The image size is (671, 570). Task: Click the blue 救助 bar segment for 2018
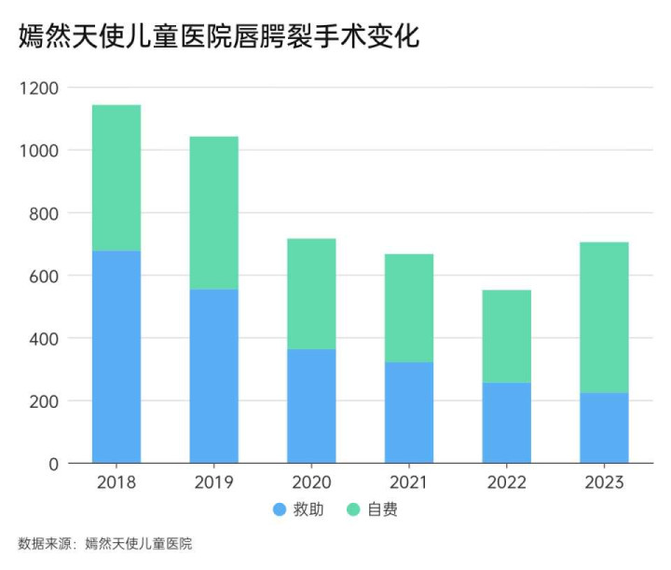(116, 357)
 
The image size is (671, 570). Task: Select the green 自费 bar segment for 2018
(116, 178)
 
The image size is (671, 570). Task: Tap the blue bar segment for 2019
(213, 375)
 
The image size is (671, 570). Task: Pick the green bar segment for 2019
(213, 212)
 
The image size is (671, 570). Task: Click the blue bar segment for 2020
(311, 406)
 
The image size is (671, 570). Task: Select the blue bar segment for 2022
(507, 423)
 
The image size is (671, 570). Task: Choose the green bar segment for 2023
(604, 318)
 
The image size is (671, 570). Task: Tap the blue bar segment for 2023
(604, 427)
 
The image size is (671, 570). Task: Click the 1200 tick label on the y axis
(39, 88)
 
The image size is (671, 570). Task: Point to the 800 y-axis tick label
(43, 213)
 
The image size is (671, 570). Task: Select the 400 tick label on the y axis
(43, 338)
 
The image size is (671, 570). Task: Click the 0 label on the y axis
(53, 464)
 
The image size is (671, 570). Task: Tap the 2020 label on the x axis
(311, 483)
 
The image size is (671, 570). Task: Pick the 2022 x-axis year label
(507, 483)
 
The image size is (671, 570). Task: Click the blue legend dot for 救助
(280, 510)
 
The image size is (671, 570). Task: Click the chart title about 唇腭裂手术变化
(219, 36)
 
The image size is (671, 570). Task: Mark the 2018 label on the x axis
(116, 483)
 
